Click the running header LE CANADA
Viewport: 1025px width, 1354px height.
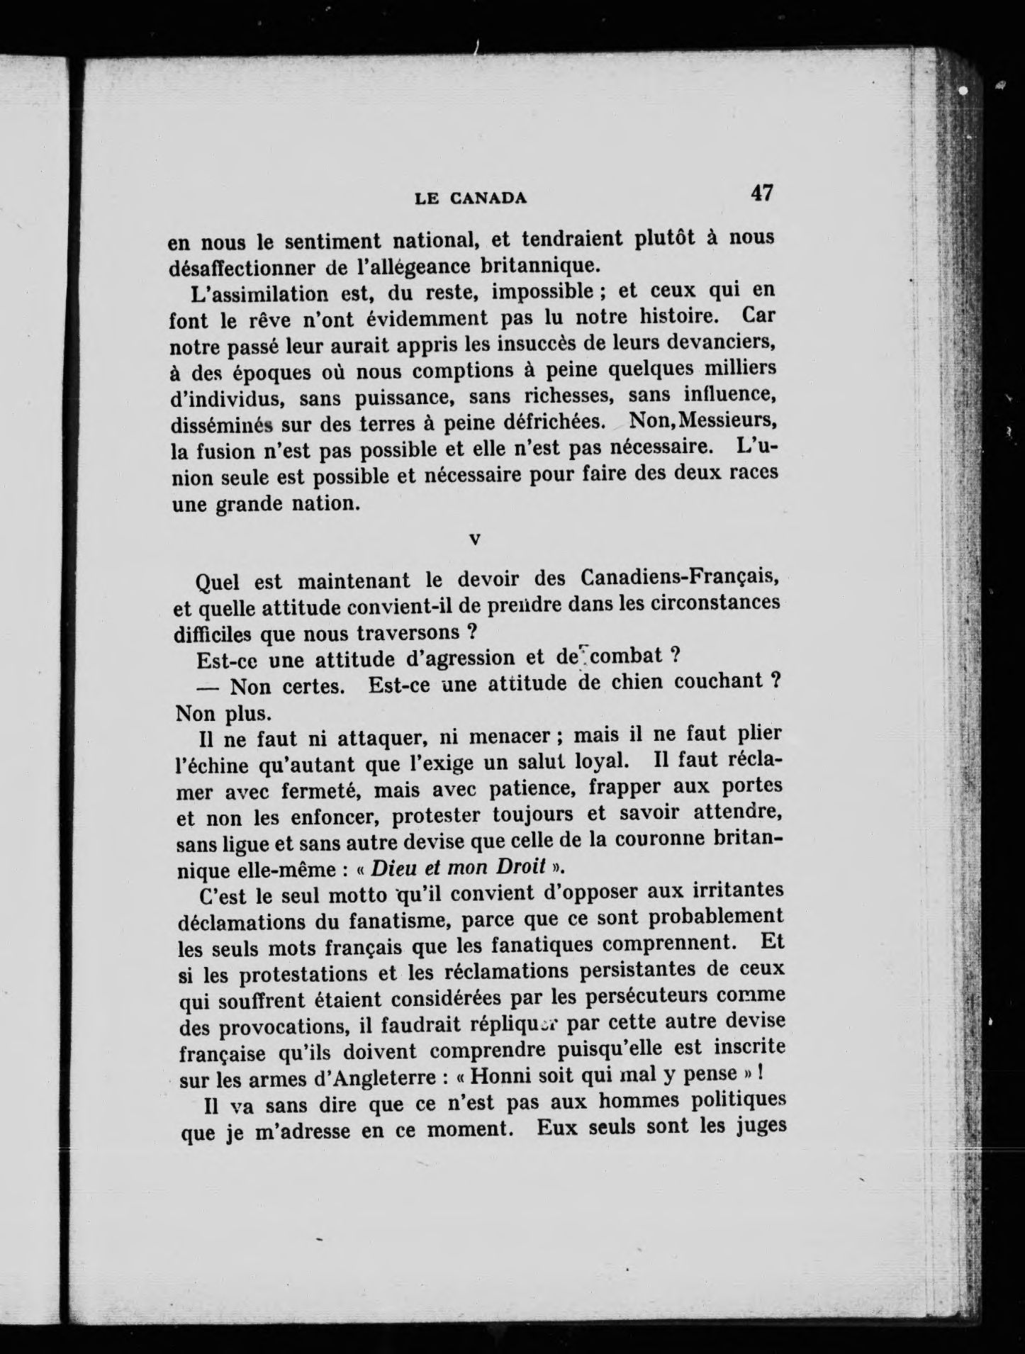point(471,199)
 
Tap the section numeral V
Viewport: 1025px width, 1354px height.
point(475,539)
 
